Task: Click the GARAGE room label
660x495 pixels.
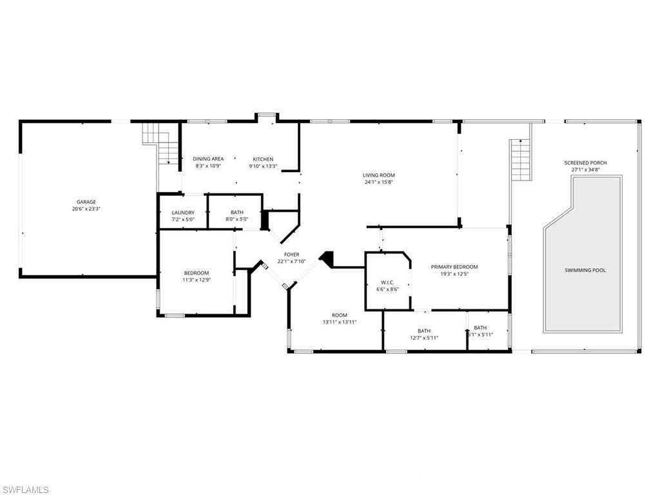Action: point(86,202)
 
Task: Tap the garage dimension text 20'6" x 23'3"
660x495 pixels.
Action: point(86,209)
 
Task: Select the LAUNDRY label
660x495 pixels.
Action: point(183,213)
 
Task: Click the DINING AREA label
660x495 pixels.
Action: point(208,159)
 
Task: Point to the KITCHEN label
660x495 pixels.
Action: point(263,159)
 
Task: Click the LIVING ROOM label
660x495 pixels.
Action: point(378,175)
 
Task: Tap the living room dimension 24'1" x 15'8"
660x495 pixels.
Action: point(378,182)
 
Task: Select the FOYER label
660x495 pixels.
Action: point(291,255)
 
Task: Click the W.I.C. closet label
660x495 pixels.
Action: point(387,282)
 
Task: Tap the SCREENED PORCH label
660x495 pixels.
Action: point(585,163)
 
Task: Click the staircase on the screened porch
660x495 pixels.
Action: point(520,160)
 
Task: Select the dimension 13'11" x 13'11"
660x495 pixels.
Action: point(340,322)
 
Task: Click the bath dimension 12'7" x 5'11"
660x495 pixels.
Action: point(423,338)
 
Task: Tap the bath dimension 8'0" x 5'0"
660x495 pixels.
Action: point(237,220)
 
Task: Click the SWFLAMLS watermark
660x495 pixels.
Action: point(26,490)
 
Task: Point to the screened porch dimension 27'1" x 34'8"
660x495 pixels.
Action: point(585,170)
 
